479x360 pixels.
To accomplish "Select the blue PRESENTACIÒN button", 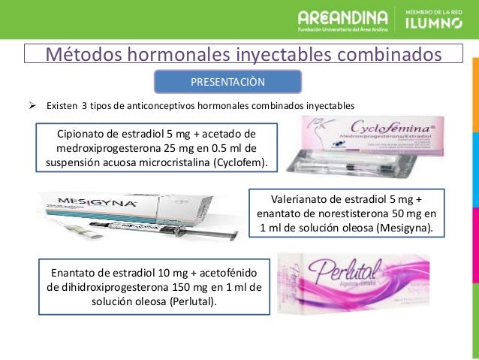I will [228, 80].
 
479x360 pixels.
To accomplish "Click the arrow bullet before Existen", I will [32, 104].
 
